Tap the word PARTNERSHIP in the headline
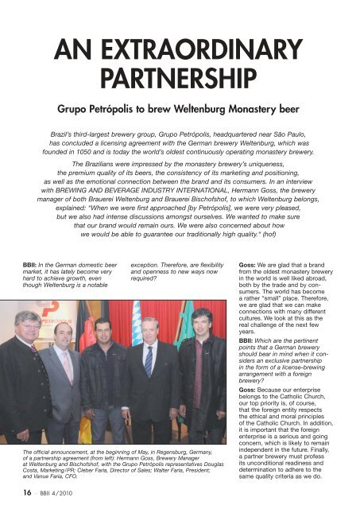180,78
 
